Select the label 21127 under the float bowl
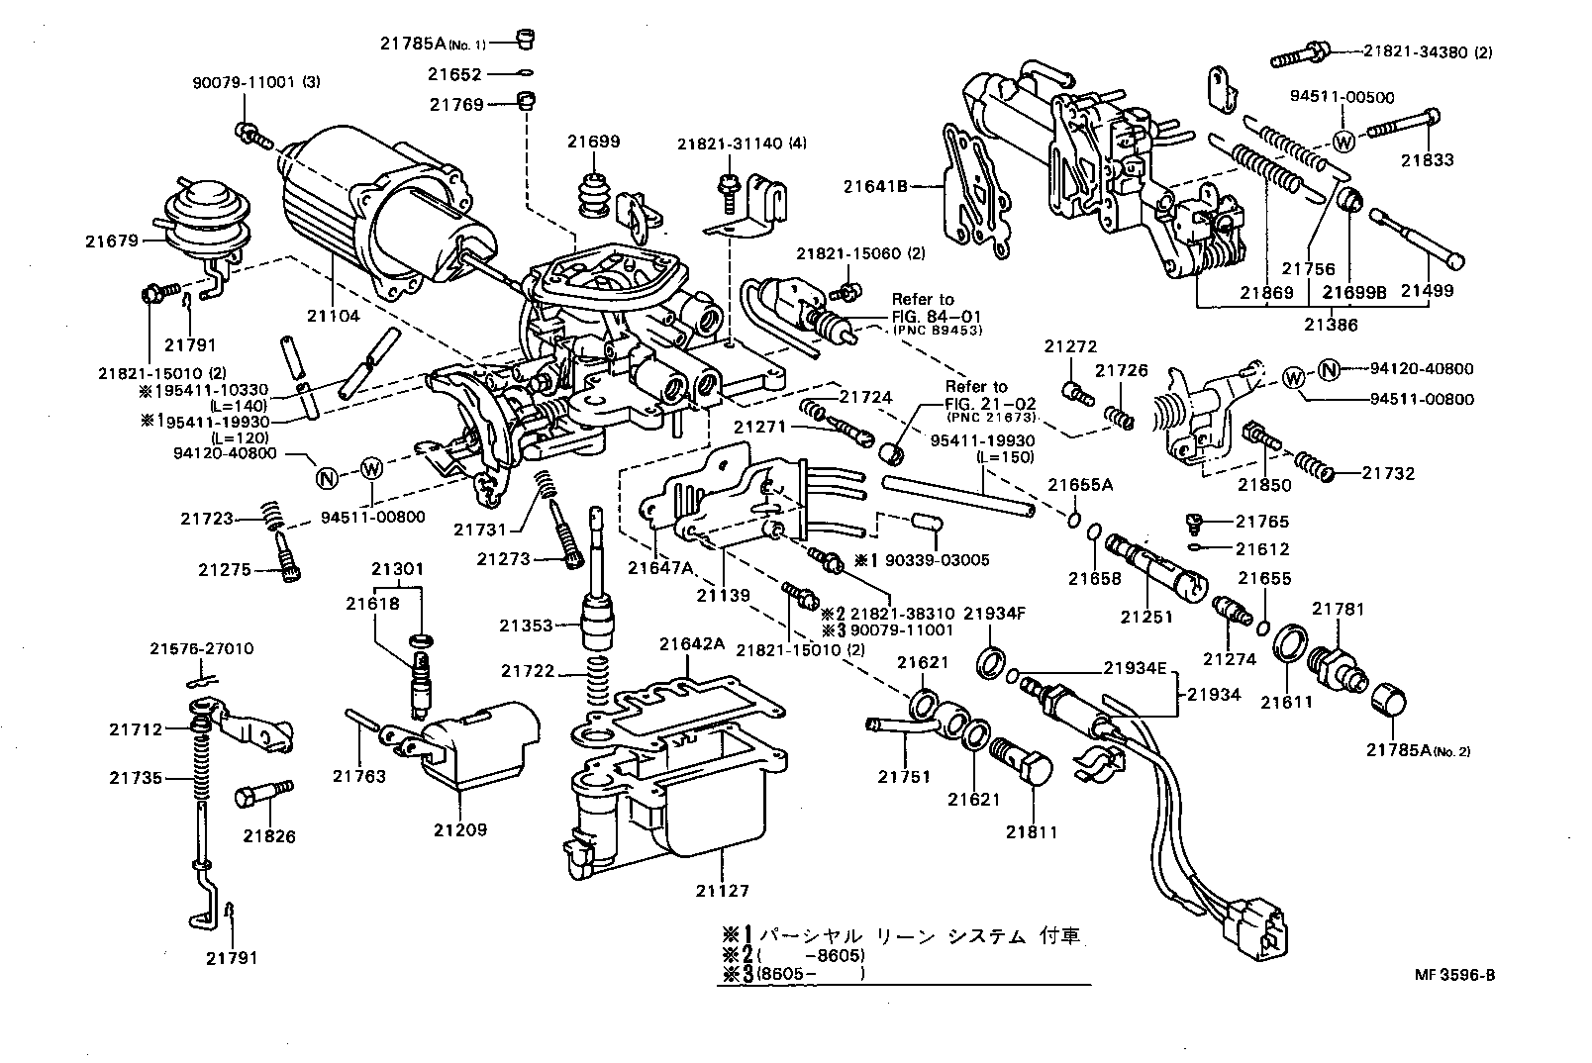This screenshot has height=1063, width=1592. click(x=723, y=891)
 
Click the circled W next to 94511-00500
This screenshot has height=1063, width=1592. click(x=1343, y=141)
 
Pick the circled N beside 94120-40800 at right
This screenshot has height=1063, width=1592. click(x=1329, y=369)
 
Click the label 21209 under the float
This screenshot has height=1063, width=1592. click(x=460, y=829)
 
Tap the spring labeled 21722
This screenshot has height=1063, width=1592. click(x=600, y=679)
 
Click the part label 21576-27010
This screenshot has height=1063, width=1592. click(x=201, y=649)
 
